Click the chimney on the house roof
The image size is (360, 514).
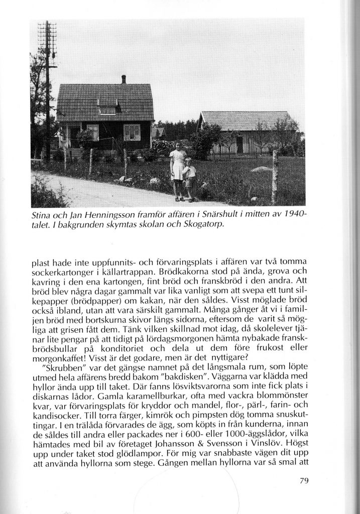pyautogui.click(x=124, y=79)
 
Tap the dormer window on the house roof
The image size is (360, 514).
pyautogui.click(x=107, y=107)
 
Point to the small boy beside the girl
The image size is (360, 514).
pyautogui.click(x=190, y=178)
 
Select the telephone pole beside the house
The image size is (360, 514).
pyautogui.click(x=47, y=90)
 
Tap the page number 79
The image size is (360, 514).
pyautogui.click(x=303, y=480)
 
